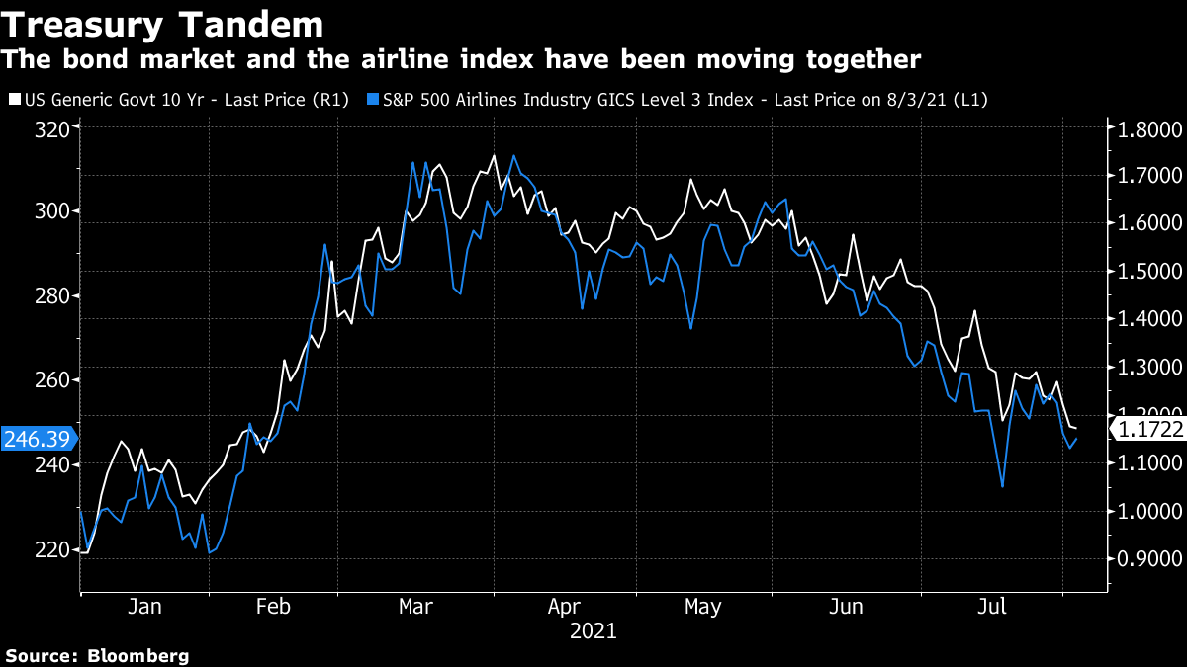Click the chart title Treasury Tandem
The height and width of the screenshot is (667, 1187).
tap(162, 25)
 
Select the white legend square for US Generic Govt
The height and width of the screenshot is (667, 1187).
tap(12, 100)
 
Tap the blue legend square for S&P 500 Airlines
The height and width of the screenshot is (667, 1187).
tap(371, 100)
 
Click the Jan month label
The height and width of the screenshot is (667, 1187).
tap(144, 607)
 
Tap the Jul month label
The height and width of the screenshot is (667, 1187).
tap(993, 607)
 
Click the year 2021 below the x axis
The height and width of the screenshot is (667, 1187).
tap(593, 630)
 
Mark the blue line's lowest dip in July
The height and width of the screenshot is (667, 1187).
tap(1002, 486)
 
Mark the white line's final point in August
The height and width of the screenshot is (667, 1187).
tap(1076, 428)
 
